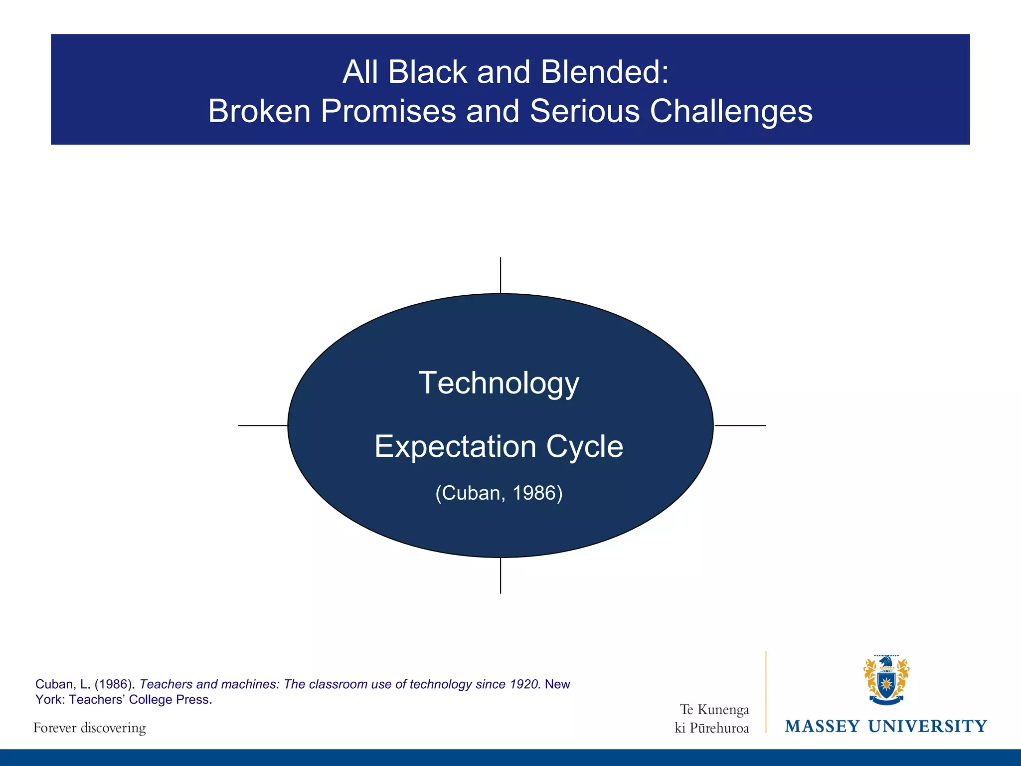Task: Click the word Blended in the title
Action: (604, 72)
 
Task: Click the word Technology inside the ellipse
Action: (499, 383)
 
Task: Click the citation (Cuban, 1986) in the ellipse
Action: (499, 493)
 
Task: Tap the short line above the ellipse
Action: (501, 275)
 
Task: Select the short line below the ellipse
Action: (501, 575)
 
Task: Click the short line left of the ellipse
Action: (263, 425)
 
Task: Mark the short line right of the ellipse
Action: (740, 425)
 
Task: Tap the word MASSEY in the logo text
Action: (822, 726)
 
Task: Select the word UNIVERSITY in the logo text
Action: (927, 726)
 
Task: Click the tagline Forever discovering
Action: (90, 728)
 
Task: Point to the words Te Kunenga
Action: (714, 709)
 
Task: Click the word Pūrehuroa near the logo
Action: (719, 728)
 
